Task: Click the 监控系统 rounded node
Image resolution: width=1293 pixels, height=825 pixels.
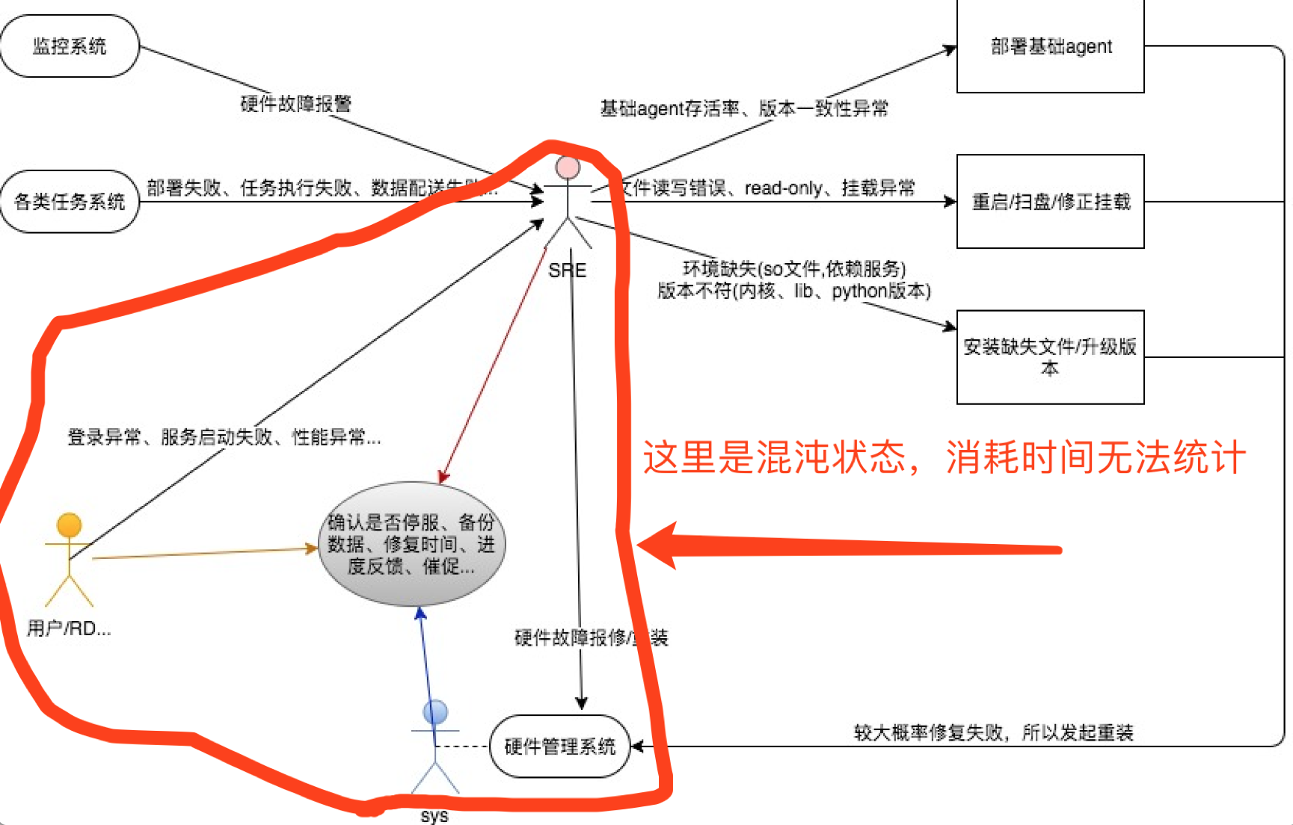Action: [70, 46]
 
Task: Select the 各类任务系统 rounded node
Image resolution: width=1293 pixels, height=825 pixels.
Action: [70, 202]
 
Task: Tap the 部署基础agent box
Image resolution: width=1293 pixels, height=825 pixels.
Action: [1050, 46]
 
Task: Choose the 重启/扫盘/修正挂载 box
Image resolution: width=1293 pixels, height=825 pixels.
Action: [1050, 202]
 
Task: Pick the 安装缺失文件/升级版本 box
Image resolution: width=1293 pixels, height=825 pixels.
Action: [1050, 357]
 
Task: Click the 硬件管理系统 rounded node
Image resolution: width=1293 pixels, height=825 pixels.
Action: [559, 746]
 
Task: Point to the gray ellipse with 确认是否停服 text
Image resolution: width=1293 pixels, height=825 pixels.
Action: [411, 544]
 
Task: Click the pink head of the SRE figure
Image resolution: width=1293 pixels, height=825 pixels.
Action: [568, 167]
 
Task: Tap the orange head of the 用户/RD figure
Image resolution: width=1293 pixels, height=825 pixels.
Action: [70, 525]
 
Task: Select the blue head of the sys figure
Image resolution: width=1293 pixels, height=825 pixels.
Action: [435, 712]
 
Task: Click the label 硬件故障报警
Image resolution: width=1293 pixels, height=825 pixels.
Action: [295, 103]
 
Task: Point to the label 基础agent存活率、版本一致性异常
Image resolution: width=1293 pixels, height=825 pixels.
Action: [744, 108]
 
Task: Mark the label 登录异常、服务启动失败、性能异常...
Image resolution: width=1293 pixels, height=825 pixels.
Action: [224, 437]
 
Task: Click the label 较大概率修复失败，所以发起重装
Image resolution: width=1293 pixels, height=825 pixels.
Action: [994, 732]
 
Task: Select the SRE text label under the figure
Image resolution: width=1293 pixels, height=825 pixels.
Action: [567, 271]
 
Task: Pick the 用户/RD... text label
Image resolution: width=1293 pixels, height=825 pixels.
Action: [69, 628]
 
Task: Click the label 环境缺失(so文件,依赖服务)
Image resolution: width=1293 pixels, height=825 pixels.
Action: [794, 269]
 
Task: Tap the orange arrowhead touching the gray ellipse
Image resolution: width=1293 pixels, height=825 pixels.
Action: [312, 549]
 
